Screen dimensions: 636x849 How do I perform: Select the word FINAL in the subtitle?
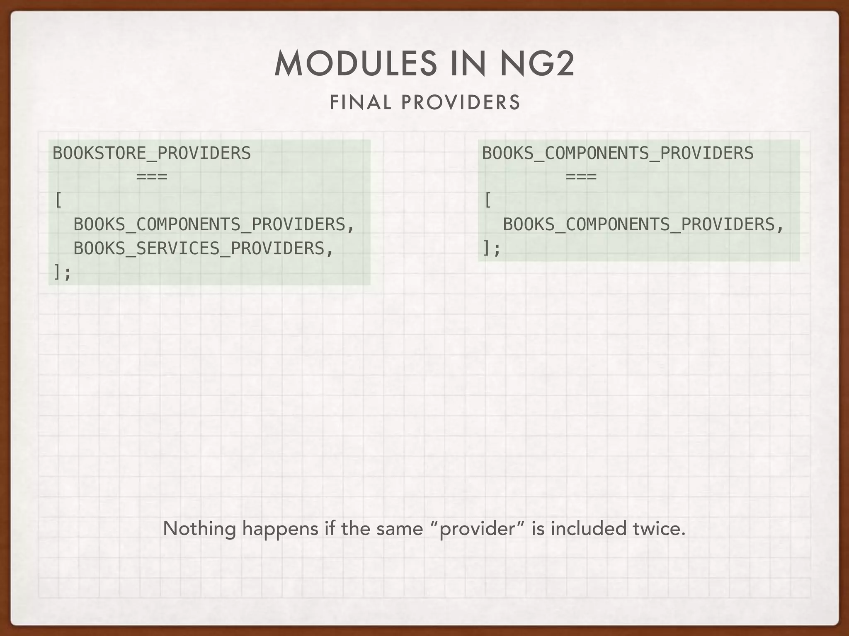pyautogui.click(x=360, y=103)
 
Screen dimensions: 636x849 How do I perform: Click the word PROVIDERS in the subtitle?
pyautogui.click(x=461, y=103)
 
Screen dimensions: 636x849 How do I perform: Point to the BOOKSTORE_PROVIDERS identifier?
pyautogui.click(x=152, y=153)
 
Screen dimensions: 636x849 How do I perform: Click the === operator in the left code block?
pyautogui.click(x=152, y=177)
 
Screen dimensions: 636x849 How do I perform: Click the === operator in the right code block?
pyautogui.click(x=581, y=177)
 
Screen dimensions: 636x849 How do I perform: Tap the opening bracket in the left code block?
pyautogui.click(x=58, y=201)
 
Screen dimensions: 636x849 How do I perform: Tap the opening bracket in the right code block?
pyautogui.click(x=488, y=201)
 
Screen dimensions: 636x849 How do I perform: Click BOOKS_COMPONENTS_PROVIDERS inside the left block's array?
pyautogui.click(x=209, y=224)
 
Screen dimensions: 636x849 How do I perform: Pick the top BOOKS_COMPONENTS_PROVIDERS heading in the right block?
pyautogui.click(x=618, y=153)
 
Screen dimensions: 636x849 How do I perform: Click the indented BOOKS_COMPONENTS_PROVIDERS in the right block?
pyautogui.click(x=639, y=224)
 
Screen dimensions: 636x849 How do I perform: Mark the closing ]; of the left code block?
pyautogui.click(x=62, y=272)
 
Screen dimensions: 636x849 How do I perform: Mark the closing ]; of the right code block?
pyautogui.click(x=492, y=248)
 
